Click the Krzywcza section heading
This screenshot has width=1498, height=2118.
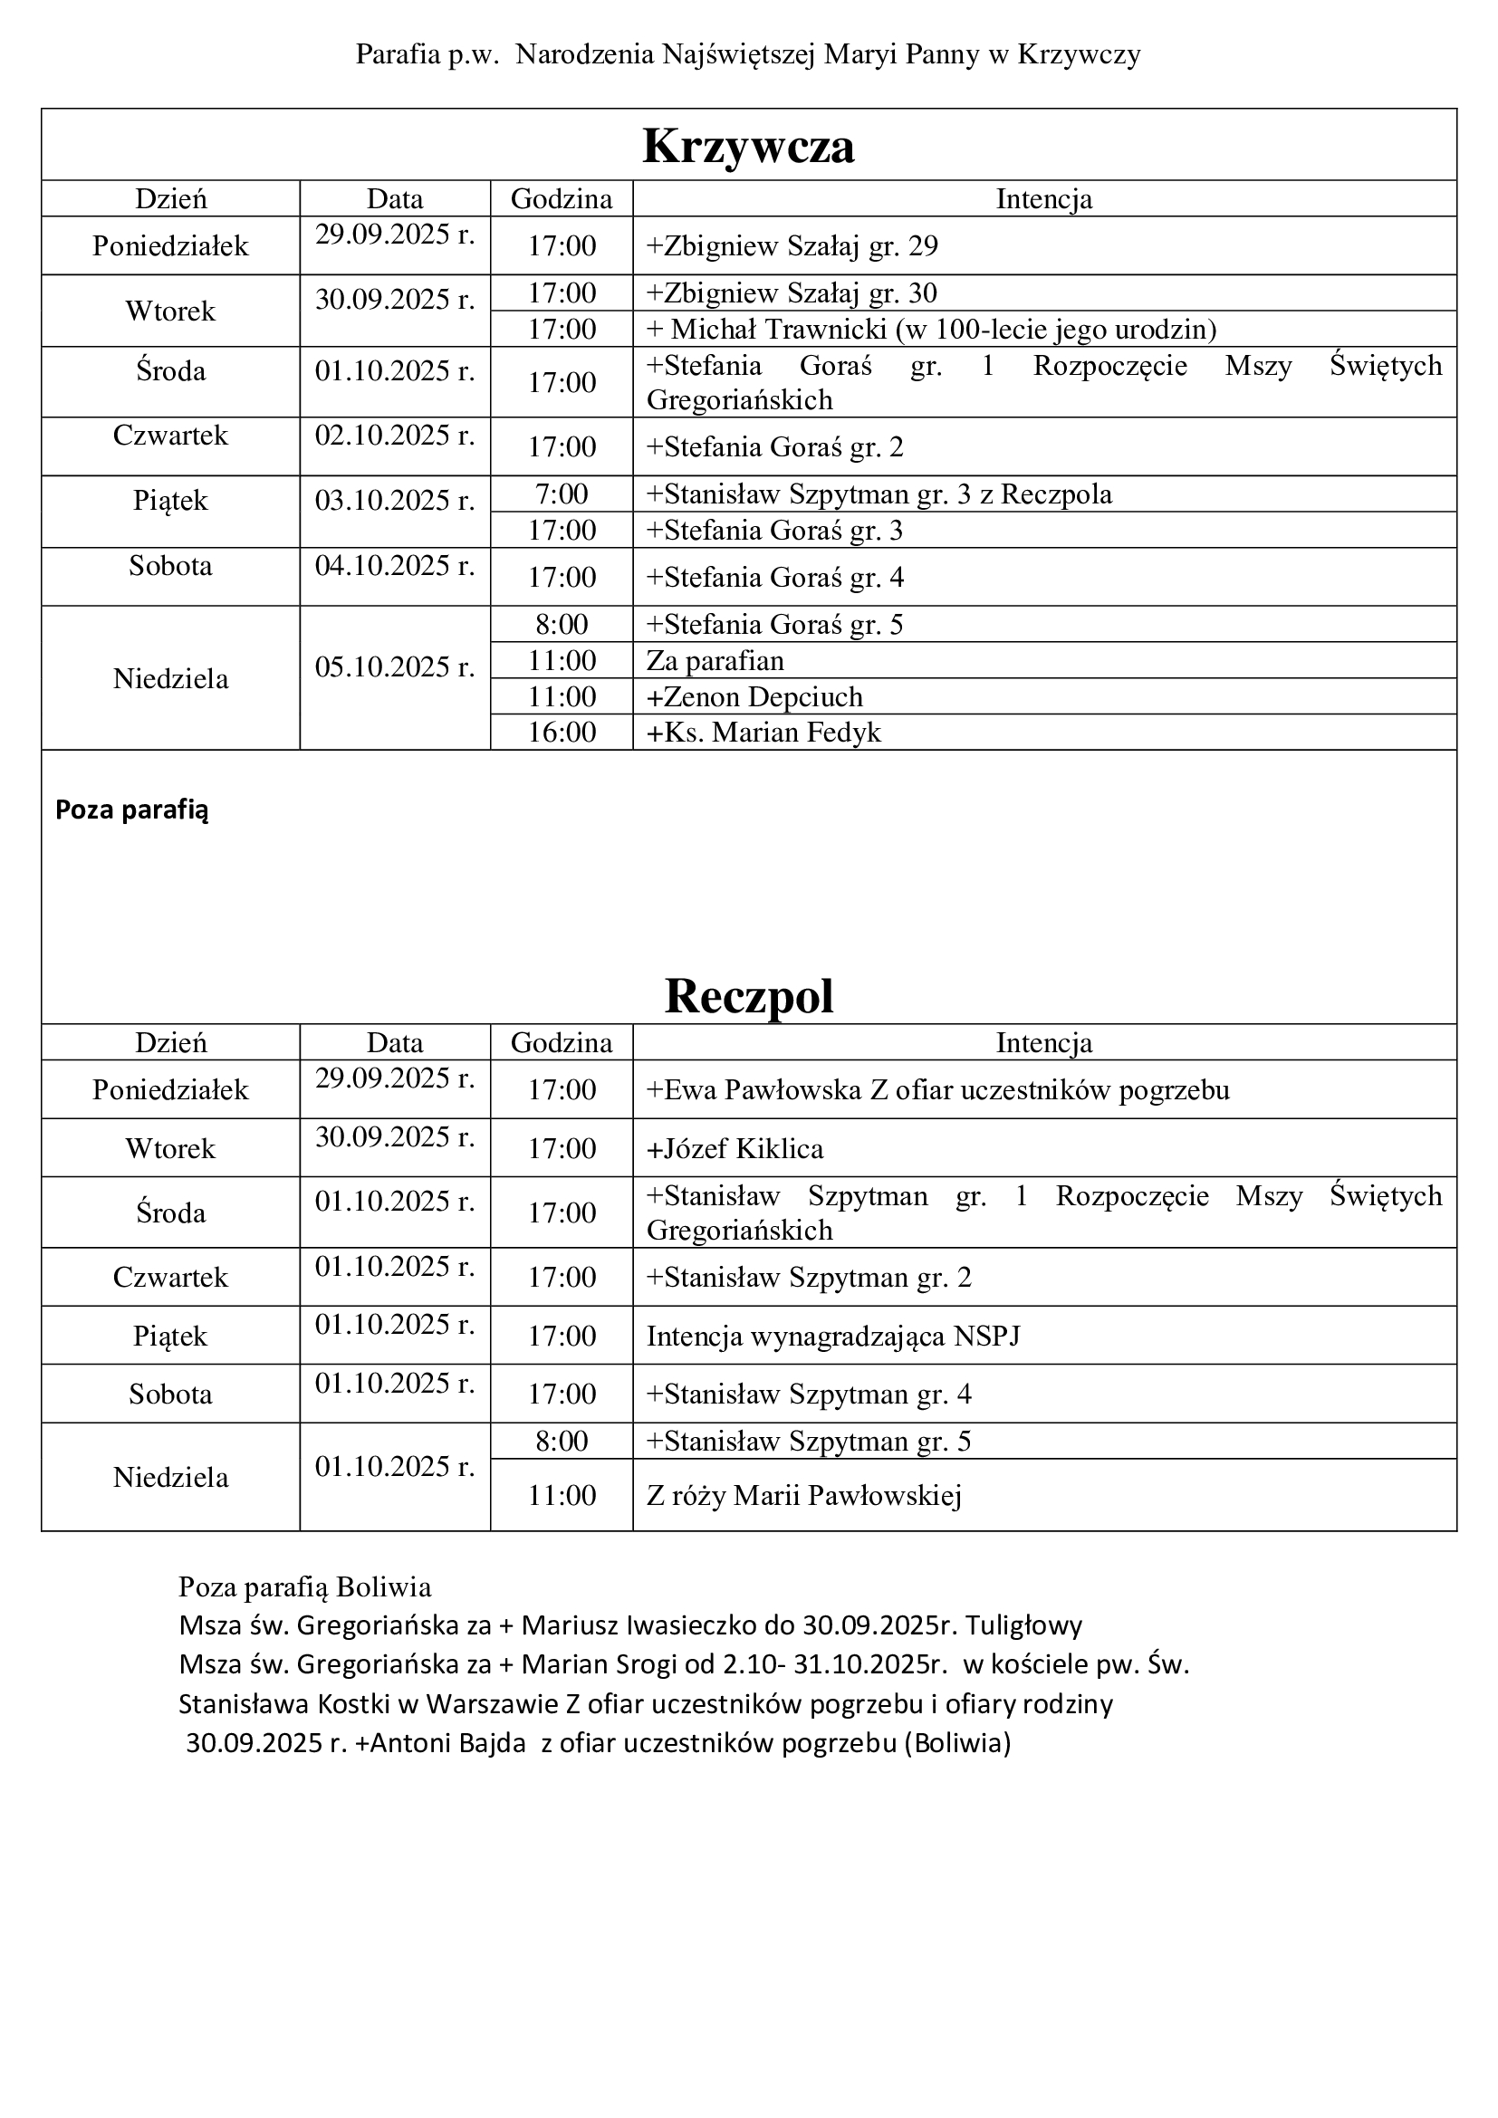coord(748,146)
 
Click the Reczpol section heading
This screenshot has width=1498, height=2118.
coord(748,996)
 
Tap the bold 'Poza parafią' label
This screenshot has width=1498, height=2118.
coord(132,810)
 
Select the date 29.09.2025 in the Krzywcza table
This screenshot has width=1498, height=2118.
coord(395,235)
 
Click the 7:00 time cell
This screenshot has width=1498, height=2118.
coord(561,494)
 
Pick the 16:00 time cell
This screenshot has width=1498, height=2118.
coord(561,733)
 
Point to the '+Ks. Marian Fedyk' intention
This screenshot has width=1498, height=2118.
coord(763,733)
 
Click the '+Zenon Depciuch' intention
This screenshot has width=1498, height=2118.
coord(754,696)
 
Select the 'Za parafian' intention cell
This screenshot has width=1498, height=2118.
coord(715,660)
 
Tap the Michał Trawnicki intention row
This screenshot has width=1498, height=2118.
coord(932,330)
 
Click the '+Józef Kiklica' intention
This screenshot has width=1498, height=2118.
coord(735,1148)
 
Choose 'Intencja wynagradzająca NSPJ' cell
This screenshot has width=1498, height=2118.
coord(833,1336)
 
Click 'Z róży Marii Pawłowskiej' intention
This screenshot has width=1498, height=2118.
coord(803,1495)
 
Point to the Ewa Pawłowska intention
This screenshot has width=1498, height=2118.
coord(938,1090)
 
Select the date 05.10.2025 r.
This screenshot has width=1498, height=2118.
coord(395,667)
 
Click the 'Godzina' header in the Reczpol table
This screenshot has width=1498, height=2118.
coord(561,1043)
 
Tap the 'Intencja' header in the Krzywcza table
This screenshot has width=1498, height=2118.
coord(1043,199)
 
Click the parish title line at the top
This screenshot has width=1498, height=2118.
coord(748,55)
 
